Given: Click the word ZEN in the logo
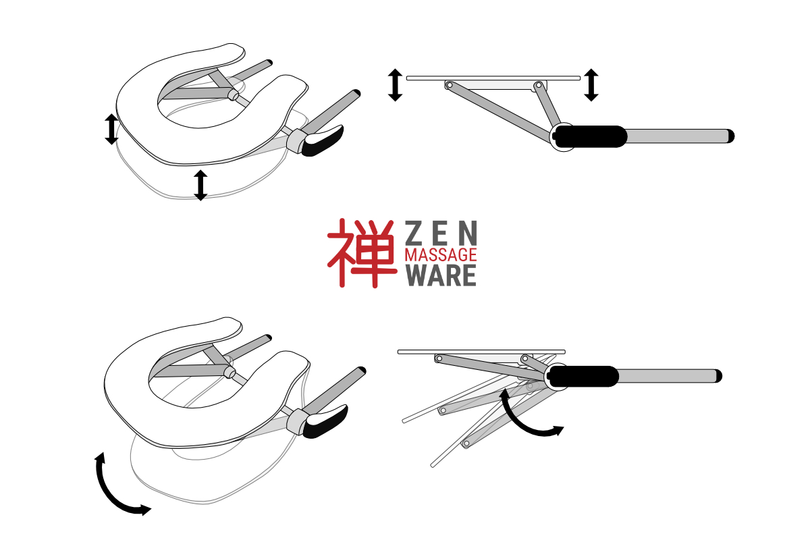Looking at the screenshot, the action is (x=441, y=233).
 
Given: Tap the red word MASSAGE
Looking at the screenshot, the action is (x=441, y=255).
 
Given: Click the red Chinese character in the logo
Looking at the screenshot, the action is (x=362, y=253).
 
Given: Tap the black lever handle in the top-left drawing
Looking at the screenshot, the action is (x=323, y=141).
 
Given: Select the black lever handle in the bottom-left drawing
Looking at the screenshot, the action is (x=325, y=422).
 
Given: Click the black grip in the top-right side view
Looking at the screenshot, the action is (x=591, y=136).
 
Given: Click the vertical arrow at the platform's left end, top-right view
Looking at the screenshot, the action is (x=396, y=85).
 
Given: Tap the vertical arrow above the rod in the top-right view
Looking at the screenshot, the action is (x=591, y=84).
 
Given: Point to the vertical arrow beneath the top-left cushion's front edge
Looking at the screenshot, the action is (x=200, y=185).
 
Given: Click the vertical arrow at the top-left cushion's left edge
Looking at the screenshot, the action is (x=112, y=129).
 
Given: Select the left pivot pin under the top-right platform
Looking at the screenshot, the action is (x=450, y=85).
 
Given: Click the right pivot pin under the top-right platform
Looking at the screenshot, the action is (x=539, y=85).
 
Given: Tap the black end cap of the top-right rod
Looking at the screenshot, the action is (x=731, y=136).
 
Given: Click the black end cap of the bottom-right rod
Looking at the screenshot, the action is (x=718, y=376).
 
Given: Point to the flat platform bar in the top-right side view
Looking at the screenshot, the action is (x=493, y=78).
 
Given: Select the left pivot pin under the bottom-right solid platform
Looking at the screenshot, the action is (x=439, y=359).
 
